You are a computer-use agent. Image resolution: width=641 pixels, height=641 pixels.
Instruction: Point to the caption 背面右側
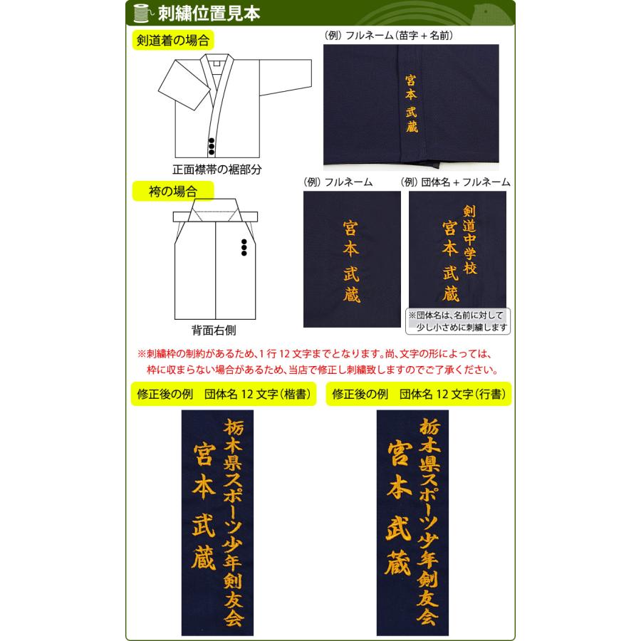(x=214, y=330)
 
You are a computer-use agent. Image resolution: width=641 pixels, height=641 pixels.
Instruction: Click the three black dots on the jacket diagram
(x=212, y=145)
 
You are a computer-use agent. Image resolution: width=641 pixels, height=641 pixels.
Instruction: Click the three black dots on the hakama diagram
(x=244, y=246)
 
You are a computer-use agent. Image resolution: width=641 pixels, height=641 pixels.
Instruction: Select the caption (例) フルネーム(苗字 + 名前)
(x=389, y=34)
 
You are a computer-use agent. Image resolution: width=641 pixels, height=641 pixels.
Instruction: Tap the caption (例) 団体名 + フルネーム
(x=456, y=182)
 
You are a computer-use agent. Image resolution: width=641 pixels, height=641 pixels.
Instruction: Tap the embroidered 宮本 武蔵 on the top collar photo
(x=411, y=103)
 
